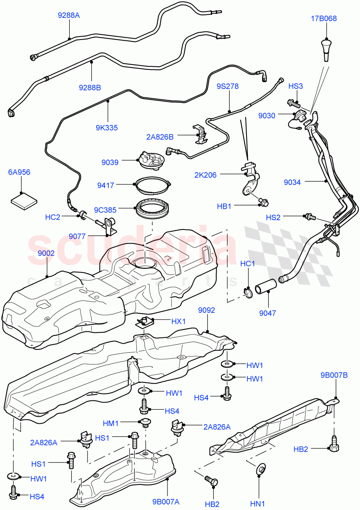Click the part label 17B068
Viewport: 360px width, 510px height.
(x=326, y=19)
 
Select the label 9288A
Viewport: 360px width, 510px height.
(x=69, y=16)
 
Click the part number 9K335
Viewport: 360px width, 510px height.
(x=107, y=127)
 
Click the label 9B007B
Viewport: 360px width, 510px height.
(x=334, y=375)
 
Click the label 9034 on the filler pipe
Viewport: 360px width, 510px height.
(x=292, y=182)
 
